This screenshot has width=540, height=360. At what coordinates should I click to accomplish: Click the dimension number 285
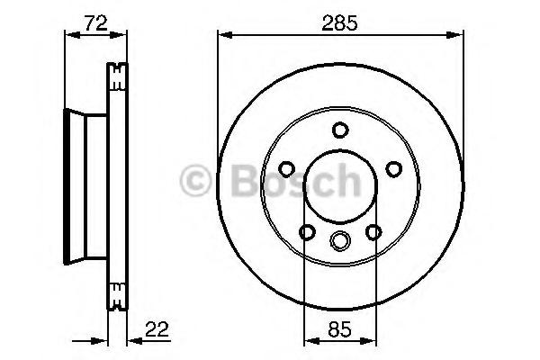tap(340, 23)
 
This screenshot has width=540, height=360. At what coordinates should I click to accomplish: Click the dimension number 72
tap(96, 22)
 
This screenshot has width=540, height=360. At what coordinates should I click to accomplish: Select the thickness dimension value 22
tap(157, 329)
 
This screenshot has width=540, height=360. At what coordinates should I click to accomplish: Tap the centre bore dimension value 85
tap(339, 329)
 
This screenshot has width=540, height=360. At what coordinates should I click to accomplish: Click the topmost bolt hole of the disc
tap(340, 130)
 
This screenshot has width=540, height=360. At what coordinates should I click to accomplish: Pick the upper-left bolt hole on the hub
tap(286, 169)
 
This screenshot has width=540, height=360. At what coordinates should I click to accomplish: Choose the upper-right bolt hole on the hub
tap(393, 169)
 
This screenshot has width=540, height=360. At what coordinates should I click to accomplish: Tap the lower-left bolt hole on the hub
tap(307, 232)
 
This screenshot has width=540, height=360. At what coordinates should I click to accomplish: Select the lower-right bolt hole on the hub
tap(373, 232)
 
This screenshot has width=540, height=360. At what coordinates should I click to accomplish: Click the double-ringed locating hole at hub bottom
tap(340, 240)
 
